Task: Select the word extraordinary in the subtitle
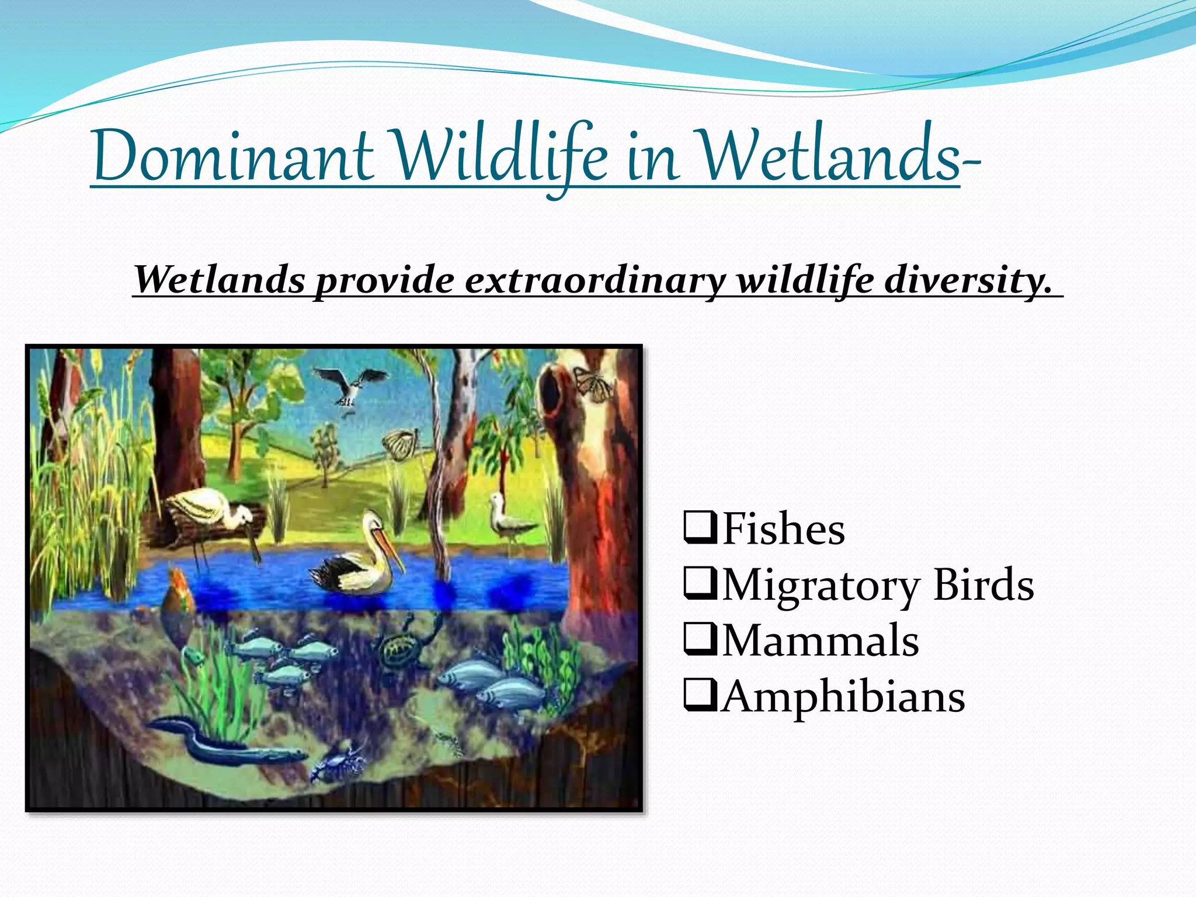point(595,280)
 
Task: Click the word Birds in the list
point(983,584)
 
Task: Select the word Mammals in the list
point(820,640)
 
